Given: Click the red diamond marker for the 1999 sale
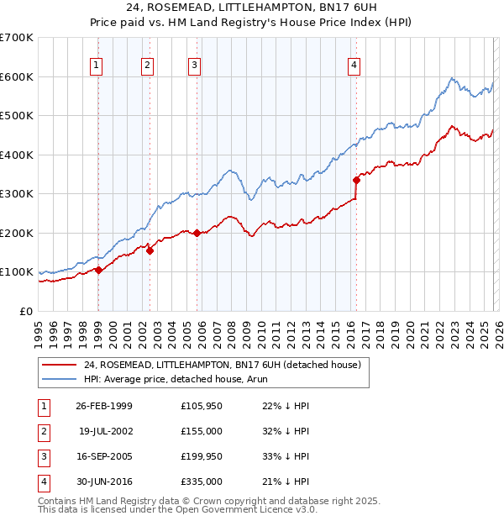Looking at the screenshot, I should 98,270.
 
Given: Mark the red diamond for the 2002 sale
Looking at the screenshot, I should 150,250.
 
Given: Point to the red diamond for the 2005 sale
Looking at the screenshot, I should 197,233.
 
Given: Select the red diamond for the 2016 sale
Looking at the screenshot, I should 356,179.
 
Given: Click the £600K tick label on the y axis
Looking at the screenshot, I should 17,76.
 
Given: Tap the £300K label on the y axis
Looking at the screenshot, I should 17,193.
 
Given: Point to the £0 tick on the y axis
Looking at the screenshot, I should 25,311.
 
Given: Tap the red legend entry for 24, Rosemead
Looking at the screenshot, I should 222,365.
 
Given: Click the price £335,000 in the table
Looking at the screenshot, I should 202,482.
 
